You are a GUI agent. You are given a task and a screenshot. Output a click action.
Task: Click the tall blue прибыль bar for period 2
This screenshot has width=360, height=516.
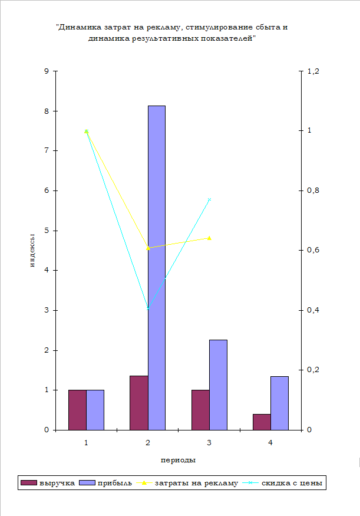(x=157, y=268)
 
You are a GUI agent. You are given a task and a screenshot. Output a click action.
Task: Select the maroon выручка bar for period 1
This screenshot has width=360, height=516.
(x=77, y=410)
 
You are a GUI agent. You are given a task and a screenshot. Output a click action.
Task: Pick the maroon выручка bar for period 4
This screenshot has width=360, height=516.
(x=262, y=422)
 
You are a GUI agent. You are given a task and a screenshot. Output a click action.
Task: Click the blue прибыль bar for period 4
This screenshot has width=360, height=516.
(x=280, y=403)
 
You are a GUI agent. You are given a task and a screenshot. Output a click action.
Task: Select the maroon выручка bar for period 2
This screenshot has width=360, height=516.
(x=138, y=403)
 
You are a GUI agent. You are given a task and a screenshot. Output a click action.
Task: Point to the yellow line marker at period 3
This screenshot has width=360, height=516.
(x=209, y=238)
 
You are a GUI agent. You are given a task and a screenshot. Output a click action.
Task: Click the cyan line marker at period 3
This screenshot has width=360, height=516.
(x=209, y=200)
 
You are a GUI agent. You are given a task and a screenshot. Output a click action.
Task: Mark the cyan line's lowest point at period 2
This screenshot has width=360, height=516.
(x=148, y=308)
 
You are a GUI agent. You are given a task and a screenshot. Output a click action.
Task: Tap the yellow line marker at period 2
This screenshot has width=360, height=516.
(x=148, y=248)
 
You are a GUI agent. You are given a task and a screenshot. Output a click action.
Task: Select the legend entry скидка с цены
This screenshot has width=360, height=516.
(x=292, y=484)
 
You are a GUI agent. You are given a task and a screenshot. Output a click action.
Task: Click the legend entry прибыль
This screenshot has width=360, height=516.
(x=106, y=484)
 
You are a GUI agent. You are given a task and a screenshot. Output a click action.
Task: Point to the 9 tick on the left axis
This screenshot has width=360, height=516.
(x=47, y=71)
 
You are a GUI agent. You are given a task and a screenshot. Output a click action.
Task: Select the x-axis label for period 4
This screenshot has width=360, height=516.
(x=270, y=442)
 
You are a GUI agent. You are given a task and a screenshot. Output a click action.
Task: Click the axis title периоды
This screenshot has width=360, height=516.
(x=178, y=459)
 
